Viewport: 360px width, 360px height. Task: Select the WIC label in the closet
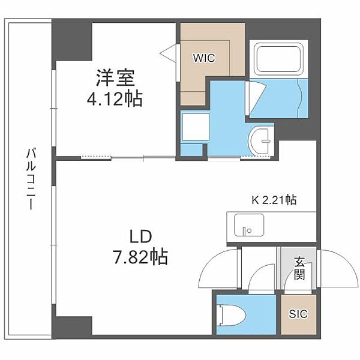(x=203, y=58)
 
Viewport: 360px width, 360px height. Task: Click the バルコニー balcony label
(x=29, y=178)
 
